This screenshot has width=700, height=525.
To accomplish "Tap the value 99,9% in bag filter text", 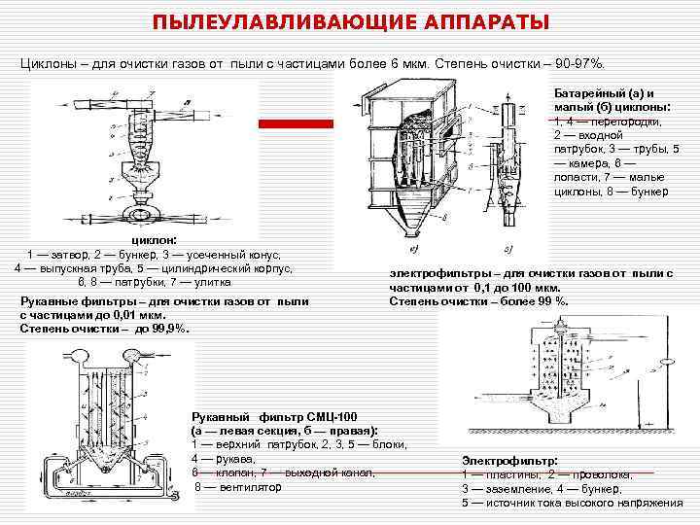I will (171, 329).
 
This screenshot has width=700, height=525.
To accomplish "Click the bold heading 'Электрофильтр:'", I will (509, 460).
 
